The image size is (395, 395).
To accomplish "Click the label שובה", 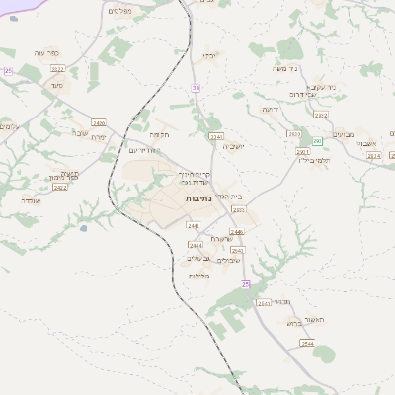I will (79, 131).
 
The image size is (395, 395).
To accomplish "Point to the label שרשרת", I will (220, 238).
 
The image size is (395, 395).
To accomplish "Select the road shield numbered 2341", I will (217, 136).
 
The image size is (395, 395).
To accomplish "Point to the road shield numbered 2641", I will (264, 303).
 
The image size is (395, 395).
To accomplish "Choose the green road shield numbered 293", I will (318, 141).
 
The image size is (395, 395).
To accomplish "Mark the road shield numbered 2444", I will (195, 244).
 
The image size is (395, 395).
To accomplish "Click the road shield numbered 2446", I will (237, 231).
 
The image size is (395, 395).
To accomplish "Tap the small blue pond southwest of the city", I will (84, 228).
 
